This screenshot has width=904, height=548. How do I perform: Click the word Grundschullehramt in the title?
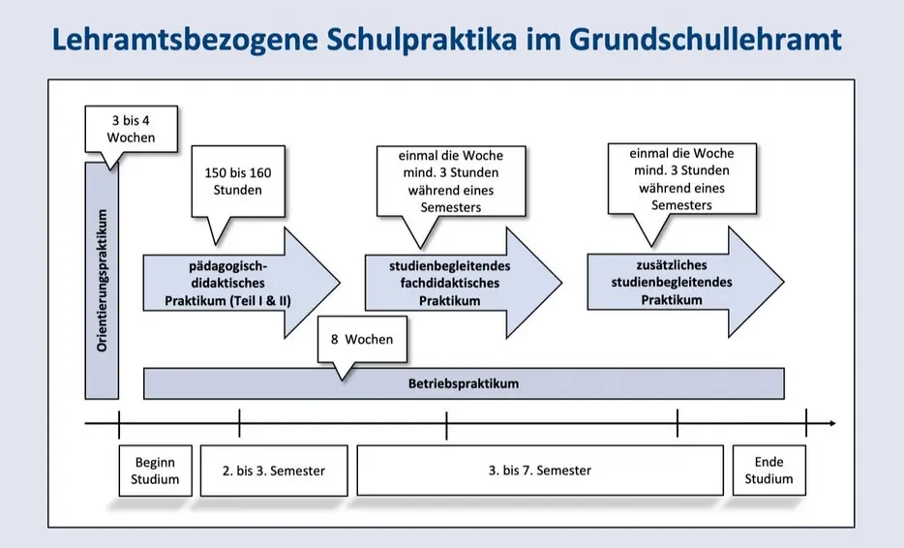coord(705,41)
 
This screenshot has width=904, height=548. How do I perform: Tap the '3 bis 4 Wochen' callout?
coord(131,129)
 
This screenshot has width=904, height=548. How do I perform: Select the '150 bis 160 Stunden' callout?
coord(237,181)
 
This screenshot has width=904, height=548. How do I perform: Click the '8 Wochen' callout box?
coord(362,339)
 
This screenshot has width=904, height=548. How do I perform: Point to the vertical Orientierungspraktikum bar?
coord(102,281)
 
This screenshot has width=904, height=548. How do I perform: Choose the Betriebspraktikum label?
coord(464,383)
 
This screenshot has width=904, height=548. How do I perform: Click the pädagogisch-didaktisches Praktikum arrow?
coord(242,283)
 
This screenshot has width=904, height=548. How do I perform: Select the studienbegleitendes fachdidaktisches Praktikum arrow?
coord(464,283)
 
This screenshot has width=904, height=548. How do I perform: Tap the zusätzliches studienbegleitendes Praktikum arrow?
coord(685,282)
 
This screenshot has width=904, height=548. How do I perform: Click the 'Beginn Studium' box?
coord(155,471)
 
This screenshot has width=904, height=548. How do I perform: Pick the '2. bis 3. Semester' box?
coord(274,471)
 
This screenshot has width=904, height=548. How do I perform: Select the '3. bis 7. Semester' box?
coord(540,471)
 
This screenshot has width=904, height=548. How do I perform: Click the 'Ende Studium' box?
coord(769,471)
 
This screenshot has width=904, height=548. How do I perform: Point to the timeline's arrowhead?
coord(832,423)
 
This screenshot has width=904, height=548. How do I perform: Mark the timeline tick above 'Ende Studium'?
coord(806,423)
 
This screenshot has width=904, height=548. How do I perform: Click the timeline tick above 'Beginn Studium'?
coord(119,425)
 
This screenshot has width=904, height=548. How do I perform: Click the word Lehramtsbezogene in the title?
coord(185,41)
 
